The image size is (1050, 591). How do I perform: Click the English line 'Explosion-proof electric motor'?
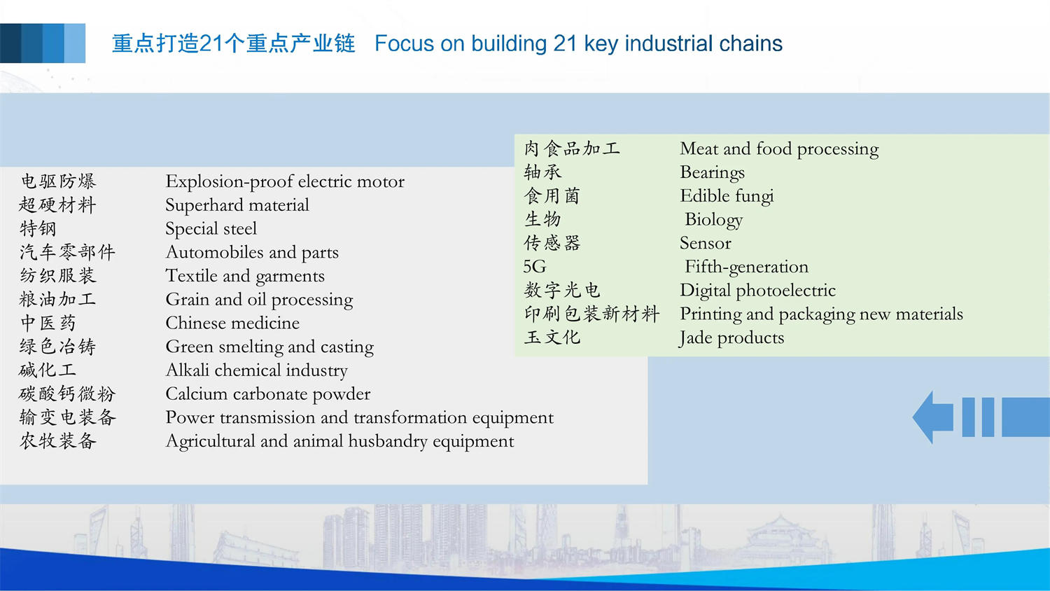[285, 182]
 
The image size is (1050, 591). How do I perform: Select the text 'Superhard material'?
[237, 205]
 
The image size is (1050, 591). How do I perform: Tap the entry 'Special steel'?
[211, 229]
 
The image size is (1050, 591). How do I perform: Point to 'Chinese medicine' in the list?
[232, 323]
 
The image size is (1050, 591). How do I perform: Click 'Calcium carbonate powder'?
[268, 394]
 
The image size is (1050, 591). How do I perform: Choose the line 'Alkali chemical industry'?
[257, 370]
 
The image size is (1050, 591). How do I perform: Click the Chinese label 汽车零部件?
[67, 252]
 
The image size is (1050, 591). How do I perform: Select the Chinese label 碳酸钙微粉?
[67, 394]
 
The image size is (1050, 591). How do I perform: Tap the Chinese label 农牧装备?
[58, 441]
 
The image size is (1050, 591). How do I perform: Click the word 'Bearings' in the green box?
[712, 173]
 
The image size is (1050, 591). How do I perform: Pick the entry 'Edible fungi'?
[727, 196]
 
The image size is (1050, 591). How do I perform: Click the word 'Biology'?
[714, 219]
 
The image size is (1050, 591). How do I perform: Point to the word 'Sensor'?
[706, 243]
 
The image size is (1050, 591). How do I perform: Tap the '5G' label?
[535, 267]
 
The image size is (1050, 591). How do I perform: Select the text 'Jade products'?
[731, 338]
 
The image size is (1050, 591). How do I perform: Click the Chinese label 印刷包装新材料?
[592, 314]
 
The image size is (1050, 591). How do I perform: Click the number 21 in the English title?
[565, 43]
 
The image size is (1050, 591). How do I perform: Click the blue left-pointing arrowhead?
[933, 417]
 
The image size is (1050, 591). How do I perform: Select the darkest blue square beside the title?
[10, 43]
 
